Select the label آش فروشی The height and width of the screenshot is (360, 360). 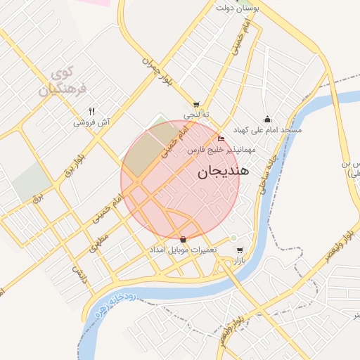tap(91, 122)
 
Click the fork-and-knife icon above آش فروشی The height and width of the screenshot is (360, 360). tap(91, 111)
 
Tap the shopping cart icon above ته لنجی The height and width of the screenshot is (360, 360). tap(196, 104)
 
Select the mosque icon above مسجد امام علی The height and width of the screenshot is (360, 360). tap(266, 120)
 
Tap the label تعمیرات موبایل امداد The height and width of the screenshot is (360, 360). tap(183, 250)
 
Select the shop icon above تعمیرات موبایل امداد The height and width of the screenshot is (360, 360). tap(184, 239)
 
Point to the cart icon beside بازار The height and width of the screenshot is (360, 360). tap(240, 250)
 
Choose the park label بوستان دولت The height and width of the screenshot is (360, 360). tap(236, 8)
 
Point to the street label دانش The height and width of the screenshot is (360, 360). tap(82, 274)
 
